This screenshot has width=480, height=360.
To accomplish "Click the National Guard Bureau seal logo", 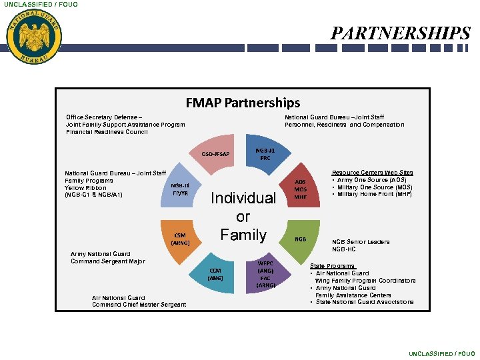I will [34, 37].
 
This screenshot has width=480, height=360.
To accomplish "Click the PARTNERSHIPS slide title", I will [401, 33].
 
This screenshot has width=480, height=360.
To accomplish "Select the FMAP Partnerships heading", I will [243, 103].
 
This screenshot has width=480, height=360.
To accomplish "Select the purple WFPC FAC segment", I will [265, 273].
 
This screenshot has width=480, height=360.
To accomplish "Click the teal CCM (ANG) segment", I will [215, 274].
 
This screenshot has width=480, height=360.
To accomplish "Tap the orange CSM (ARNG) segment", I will [181, 239].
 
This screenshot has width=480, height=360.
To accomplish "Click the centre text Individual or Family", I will [243, 216].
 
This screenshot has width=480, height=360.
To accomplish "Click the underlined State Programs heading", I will [332, 266].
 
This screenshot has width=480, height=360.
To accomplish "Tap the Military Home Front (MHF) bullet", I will [375, 194].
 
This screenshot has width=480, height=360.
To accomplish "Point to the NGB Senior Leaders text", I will [361, 242].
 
